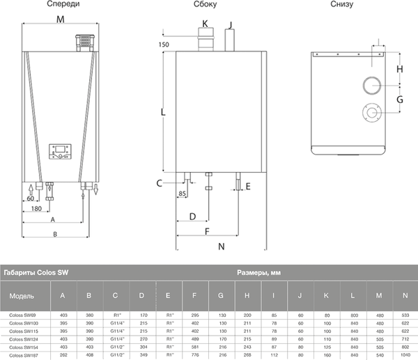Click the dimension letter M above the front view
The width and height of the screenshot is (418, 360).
[x=61, y=19]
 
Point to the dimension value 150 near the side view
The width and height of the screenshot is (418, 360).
[x=164, y=45]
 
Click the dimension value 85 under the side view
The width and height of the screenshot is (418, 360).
[x=183, y=193]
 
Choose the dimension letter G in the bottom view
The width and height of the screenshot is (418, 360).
[x=400, y=100]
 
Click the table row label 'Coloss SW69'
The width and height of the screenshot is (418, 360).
[x=24, y=315]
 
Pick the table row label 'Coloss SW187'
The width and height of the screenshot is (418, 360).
[x=24, y=354]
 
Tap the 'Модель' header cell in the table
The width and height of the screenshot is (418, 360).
[x=22, y=296]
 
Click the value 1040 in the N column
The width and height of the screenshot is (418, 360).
[x=405, y=354]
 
